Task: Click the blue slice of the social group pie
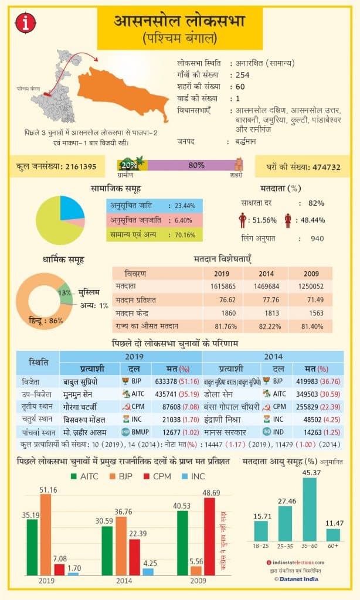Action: pos(70,209)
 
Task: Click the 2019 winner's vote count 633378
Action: pos(167,380)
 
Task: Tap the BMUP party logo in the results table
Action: pos(125,432)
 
